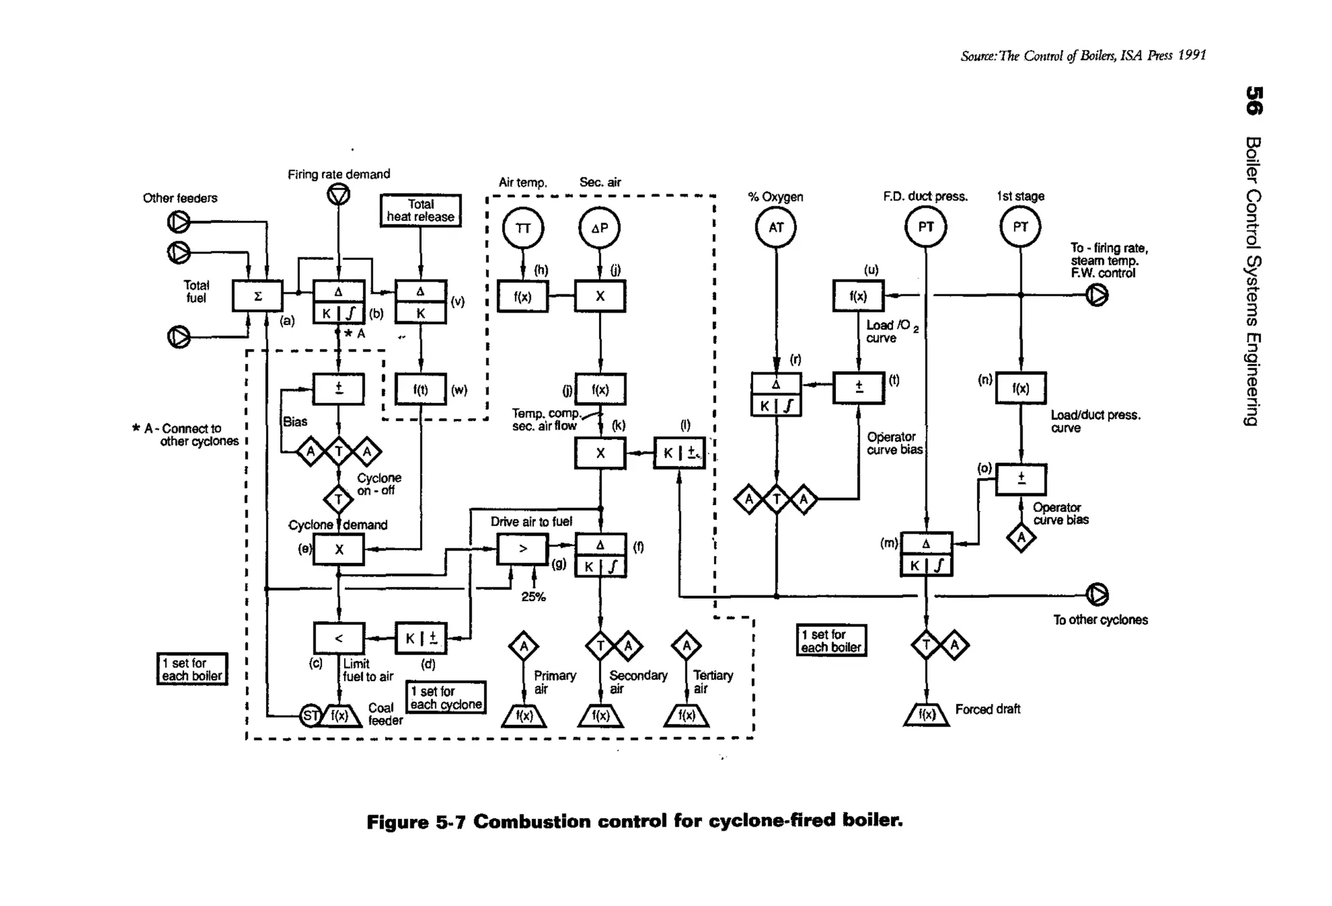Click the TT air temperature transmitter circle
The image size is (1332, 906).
click(x=523, y=228)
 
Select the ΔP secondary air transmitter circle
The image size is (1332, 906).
click(x=600, y=228)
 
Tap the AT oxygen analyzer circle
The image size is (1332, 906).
click(x=776, y=227)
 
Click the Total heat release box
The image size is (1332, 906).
click(x=421, y=211)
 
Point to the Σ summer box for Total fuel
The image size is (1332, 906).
click(x=258, y=296)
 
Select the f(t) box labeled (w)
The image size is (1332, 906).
click(x=421, y=389)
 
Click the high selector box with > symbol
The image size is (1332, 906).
click(x=523, y=549)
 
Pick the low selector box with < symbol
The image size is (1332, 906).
click(x=339, y=638)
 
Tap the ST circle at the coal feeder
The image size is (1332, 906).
click(x=310, y=716)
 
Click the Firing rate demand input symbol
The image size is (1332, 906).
click(x=338, y=194)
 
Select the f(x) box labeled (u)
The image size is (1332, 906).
click(x=858, y=296)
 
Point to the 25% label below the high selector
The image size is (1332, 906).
click(x=533, y=597)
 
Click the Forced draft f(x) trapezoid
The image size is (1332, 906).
click(x=926, y=715)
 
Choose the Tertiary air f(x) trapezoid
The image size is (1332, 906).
click(x=686, y=716)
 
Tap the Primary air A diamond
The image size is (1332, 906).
click(x=524, y=647)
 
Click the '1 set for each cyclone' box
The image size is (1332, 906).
click(x=446, y=698)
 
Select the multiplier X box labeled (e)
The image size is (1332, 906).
click(x=339, y=550)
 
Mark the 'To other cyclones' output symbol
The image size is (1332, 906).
click(x=1097, y=595)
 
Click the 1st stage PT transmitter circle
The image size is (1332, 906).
click(x=1020, y=227)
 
